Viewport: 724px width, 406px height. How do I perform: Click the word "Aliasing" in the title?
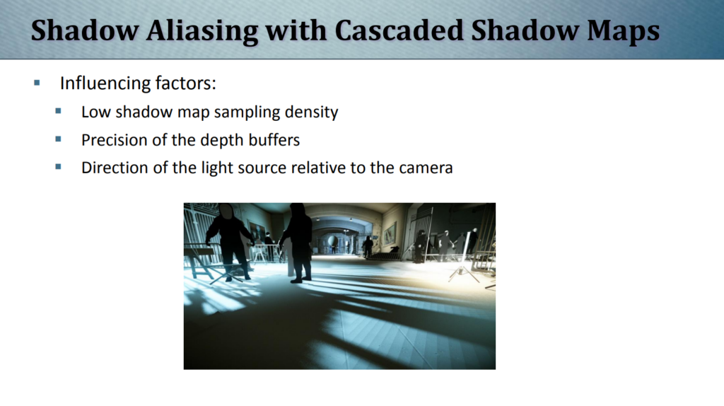click(x=202, y=31)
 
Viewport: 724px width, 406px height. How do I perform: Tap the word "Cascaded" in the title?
click(x=399, y=30)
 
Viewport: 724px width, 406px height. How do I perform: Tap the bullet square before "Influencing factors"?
click(x=37, y=83)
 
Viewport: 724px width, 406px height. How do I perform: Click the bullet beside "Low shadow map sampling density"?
click(x=58, y=111)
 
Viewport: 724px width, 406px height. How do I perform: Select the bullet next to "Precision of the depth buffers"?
click(x=58, y=139)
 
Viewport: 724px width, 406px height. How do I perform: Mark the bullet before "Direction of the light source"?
click(x=58, y=166)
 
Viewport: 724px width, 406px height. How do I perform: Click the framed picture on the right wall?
click(x=389, y=233)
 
